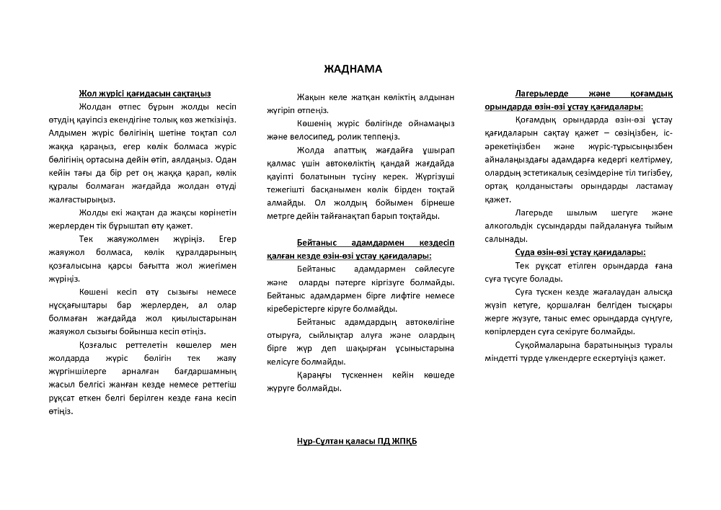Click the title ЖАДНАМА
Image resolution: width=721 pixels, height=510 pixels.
[x=353, y=69]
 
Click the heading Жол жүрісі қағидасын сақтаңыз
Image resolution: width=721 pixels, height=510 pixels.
[x=145, y=94]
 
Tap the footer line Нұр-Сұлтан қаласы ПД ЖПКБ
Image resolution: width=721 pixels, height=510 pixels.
[x=356, y=441]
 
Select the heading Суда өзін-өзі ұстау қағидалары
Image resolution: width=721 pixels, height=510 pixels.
[x=580, y=252]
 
